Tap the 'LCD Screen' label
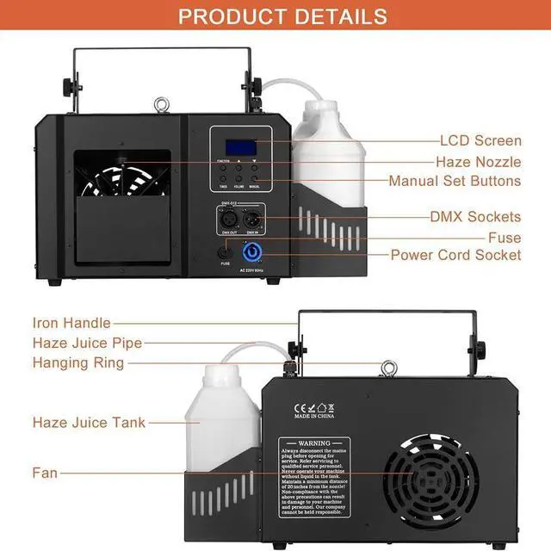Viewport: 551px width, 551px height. tap(480, 140)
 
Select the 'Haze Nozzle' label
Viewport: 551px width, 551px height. tap(478, 161)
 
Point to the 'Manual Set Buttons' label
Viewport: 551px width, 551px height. tap(455, 181)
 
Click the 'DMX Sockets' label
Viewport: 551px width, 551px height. tap(475, 216)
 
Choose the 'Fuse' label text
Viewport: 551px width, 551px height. tap(505, 237)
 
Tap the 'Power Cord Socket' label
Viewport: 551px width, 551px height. tap(455, 255)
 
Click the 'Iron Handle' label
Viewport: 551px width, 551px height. tap(71, 323)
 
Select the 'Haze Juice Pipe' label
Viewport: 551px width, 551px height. tap(87, 343)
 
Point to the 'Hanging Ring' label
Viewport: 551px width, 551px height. tap(78, 362)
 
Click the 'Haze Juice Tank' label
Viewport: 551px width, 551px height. tap(90, 423)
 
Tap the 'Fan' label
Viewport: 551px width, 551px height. tap(45, 473)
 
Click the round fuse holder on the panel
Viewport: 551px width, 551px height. tap(226, 253)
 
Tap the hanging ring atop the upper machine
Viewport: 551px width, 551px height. tap(159, 107)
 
